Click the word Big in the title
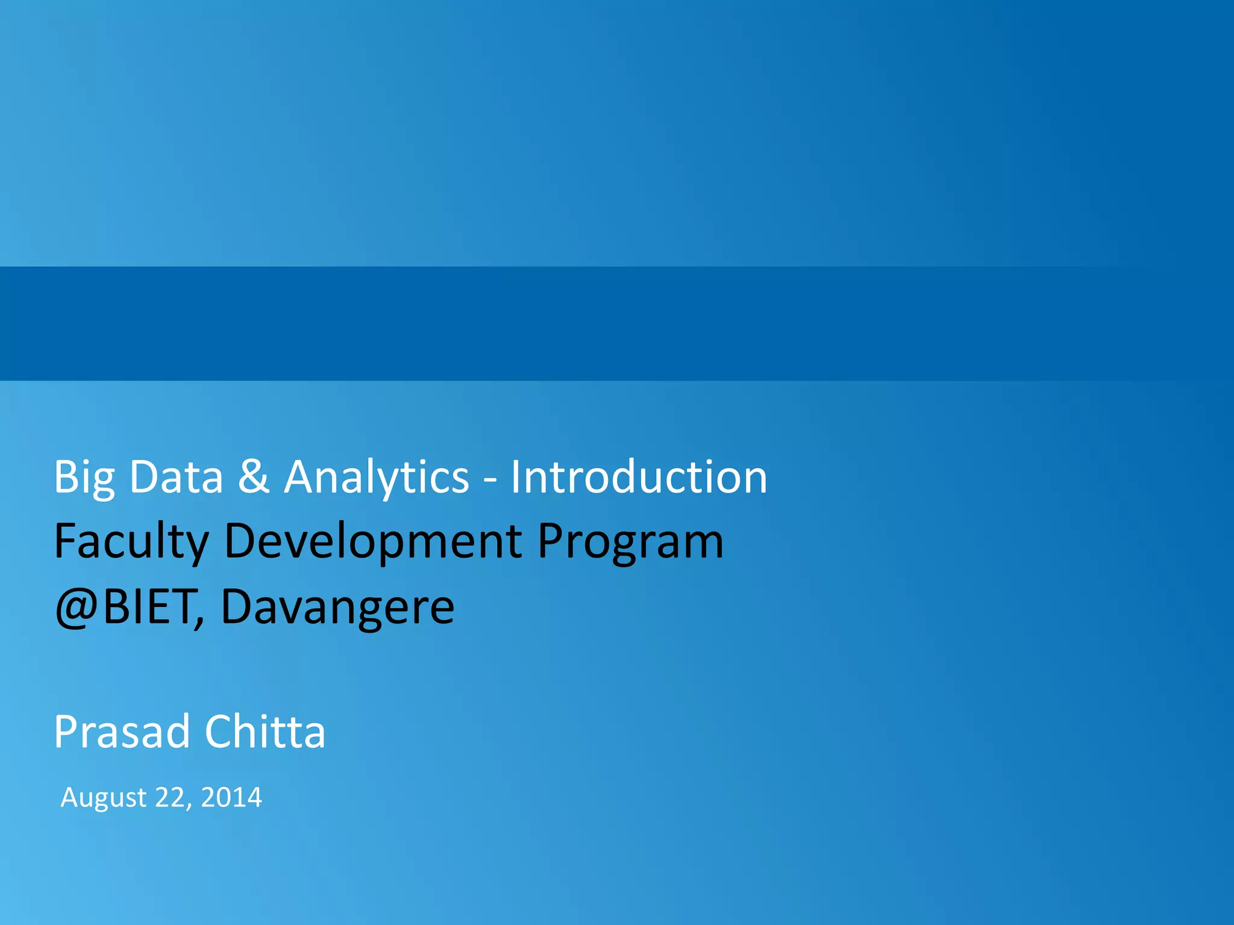[x=84, y=478]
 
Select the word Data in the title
[x=176, y=477]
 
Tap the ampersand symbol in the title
[x=253, y=477]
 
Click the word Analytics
[x=376, y=478]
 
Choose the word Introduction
[x=639, y=477]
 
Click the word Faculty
[x=131, y=542]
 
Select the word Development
[x=373, y=541]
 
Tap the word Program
[x=630, y=542]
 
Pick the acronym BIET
[x=148, y=606]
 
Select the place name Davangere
[x=337, y=608]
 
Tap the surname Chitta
[x=265, y=732]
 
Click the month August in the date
[x=104, y=799]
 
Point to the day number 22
[x=169, y=797]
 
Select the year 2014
[x=231, y=797]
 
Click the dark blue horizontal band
[x=617, y=323]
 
